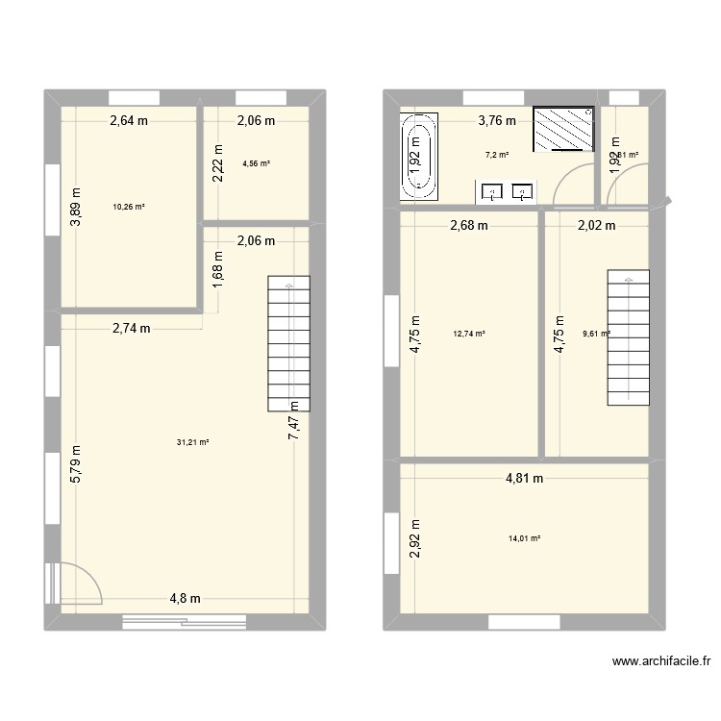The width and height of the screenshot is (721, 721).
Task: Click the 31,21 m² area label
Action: point(193,442)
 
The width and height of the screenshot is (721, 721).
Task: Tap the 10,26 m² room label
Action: point(129,206)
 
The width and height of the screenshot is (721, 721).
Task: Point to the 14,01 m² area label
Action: point(524,538)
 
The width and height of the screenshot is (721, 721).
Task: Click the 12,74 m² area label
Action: point(468,335)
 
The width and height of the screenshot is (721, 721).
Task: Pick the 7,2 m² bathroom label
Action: point(497,154)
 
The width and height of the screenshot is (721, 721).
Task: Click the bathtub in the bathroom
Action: point(418,156)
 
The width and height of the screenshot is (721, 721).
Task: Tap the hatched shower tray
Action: point(563,129)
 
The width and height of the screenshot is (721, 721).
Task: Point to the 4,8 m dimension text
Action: point(186,598)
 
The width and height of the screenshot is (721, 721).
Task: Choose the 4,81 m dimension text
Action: point(525,478)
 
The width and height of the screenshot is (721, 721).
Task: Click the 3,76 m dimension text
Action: point(498,121)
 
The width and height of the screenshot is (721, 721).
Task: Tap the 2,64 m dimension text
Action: point(130,121)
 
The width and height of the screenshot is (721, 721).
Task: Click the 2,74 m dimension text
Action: point(132,329)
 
